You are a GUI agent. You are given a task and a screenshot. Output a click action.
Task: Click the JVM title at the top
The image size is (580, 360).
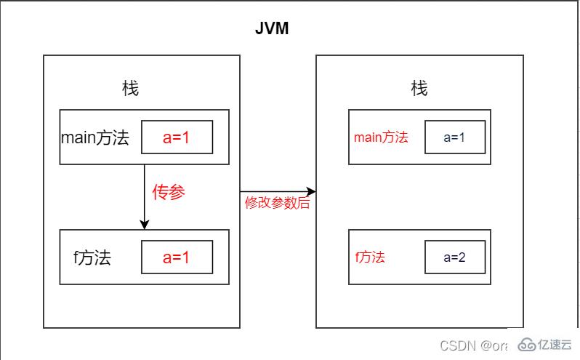pyautogui.click(x=273, y=28)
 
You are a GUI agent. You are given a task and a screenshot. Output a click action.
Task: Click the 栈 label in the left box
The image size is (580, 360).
pyautogui.click(x=130, y=89)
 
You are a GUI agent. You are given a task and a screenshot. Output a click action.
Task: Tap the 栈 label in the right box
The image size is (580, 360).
pyautogui.click(x=419, y=89)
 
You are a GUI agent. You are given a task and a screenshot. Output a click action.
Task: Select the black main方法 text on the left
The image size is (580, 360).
pyautogui.click(x=95, y=137)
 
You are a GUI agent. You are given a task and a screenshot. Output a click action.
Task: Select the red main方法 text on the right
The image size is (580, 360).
pyautogui.click(x=381, y=137)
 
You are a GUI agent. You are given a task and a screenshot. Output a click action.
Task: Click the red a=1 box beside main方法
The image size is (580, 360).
pyautogui.click(x=177, y=137)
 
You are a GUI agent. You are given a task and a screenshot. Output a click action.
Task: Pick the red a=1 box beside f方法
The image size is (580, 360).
pyautogui.click(x=177, y=257)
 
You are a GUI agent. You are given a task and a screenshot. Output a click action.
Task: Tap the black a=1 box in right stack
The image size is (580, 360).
pyautogui.click(x=454, y=137)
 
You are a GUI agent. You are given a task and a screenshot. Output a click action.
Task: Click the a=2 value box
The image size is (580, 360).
pyautogui.click(x=454, y=257)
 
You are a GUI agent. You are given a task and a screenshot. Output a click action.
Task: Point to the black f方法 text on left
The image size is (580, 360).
pyautogui.click(x=92, y=257)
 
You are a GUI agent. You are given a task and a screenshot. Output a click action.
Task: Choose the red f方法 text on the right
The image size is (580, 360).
pyautogui.click(x=370, y=257)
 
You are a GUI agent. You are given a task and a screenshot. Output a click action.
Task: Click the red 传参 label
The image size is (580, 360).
pyautogui.click(x=169, y=192)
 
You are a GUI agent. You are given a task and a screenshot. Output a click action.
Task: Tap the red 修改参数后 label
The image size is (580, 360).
pyautogui.click(x=277, y=204)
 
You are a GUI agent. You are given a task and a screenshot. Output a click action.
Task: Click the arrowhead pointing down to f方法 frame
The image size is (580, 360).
pyautogui.click(x=145, y=225)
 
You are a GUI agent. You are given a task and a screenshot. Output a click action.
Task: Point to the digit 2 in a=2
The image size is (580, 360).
pyautogui.click(x=464, y=257)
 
